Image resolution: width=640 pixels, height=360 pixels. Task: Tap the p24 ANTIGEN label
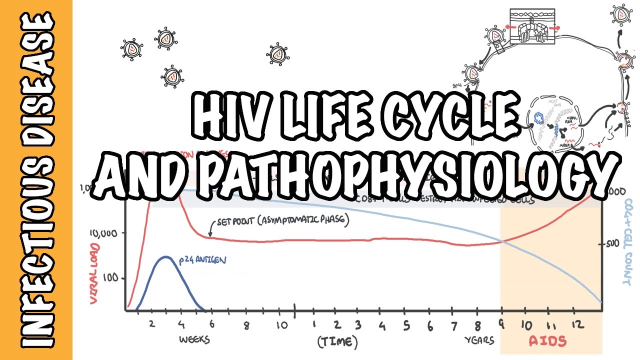pyautogui.click(x=202, y=260)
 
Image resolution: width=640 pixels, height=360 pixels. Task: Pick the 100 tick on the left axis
pyautogui.click(x=111, y=278)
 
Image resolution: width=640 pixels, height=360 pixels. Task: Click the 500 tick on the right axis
pyautogui.click(x=614, y=244)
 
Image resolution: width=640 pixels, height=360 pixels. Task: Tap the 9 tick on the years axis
pyautogui.click(x=501, y=325)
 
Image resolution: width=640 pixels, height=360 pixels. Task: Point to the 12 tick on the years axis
pyautogui.click(x=576, y=325)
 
